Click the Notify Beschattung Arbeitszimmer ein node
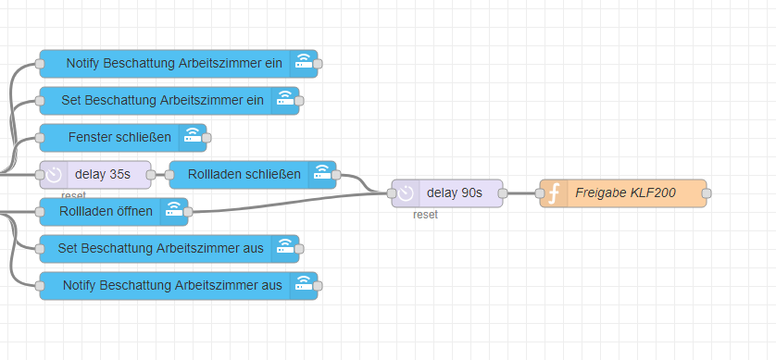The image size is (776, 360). point(174,64)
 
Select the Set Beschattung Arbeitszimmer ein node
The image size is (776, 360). point(162,100)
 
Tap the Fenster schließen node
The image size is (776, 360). point(119,137)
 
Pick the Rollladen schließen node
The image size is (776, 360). point(244,174)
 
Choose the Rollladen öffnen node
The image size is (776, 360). point(106,211)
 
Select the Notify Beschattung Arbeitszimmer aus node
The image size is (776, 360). point(172,285)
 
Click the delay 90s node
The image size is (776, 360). point(454,193)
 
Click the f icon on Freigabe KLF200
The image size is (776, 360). point(555,193)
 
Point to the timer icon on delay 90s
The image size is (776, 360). point(406,193)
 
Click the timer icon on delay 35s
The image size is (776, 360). point(55,174)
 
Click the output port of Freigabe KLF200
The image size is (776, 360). point(707,193)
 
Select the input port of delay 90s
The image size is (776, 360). point(392,193)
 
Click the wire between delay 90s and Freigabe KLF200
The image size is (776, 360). point(521,193)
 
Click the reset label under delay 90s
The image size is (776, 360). point(425,215)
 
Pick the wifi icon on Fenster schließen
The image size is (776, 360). point(192,137)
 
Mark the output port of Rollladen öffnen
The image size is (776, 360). point(188,211)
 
